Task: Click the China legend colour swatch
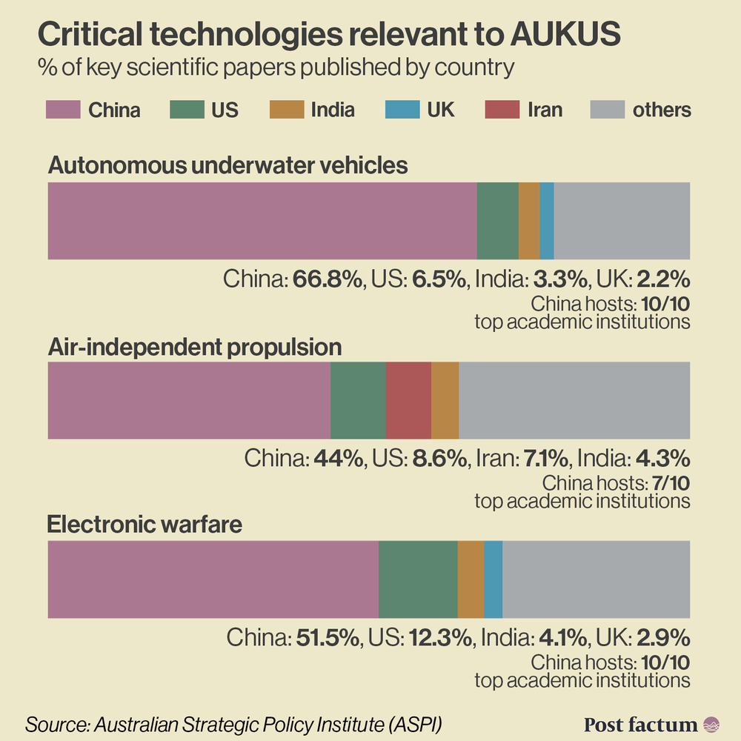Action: point(62,110)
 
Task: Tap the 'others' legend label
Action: point(661,110)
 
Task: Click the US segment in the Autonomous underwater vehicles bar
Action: point(497,221)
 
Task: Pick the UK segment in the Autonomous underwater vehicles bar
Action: point(547,221)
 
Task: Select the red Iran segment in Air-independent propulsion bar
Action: point(408,401)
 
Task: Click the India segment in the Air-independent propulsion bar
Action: point(445,401)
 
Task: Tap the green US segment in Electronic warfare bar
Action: point(418,579)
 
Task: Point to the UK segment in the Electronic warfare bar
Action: point(493,579)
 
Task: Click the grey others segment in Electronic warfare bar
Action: point(597,579)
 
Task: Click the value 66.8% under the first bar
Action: point(327,279)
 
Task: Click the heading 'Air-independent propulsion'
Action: point(195,348)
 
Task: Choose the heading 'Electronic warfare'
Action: point(145,525)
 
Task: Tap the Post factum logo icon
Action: point(711,724)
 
